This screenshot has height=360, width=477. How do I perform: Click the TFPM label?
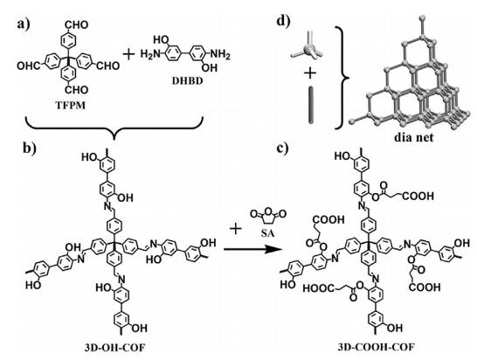point(71,106)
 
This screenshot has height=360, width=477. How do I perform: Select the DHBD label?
point(186,81)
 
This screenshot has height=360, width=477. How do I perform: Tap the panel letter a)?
point(24,24)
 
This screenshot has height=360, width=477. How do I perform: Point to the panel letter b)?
point(30,148)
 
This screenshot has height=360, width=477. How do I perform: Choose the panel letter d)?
point(283,22)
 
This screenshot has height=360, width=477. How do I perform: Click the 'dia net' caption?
point(413,137)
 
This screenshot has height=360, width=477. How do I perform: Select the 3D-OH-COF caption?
point(114,347)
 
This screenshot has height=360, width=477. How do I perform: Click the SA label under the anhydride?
point(267,233)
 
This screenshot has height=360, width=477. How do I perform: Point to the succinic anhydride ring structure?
point(268,217)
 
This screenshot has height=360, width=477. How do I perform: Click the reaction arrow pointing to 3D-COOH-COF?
point(252,250)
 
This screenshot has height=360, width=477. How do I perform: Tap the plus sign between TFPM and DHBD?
point(128,55)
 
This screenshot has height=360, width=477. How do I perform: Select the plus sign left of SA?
point(236,229)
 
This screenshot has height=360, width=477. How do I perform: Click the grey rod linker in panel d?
point(311,106)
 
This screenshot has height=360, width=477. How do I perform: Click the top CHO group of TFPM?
point(77,24)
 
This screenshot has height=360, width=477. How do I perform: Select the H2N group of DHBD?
point(150,55)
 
